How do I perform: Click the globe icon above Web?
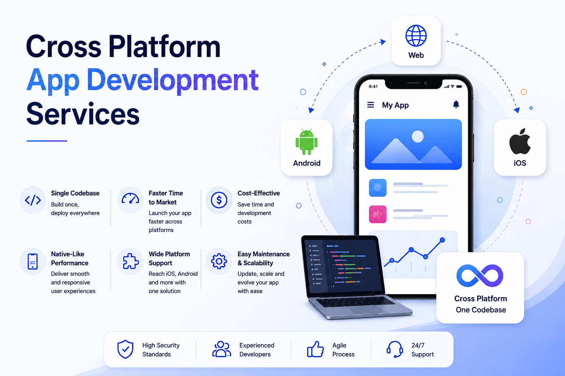(416, 36)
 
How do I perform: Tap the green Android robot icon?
(306, 142)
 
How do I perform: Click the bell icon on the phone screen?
(456, 104)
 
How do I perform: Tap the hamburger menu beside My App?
(370, 105)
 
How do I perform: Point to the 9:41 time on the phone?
(373, 86)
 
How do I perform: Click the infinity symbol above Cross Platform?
(480, 275)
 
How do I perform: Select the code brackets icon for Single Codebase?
(33, 200)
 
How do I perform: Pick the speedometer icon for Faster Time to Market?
(130, 198)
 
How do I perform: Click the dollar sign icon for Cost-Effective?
(219, 200)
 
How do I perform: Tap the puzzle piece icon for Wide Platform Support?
(131, 261)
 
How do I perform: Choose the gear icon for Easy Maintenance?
(219, 261)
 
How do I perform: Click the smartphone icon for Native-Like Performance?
(32, 261)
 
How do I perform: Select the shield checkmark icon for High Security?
(125, 349)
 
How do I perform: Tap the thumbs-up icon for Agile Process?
(315, 349)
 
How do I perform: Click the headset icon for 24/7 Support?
(395, 349)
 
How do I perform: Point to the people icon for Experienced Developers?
(221, 349)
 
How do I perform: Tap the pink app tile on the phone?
(378, 214)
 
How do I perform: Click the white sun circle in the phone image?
(417, 137)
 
